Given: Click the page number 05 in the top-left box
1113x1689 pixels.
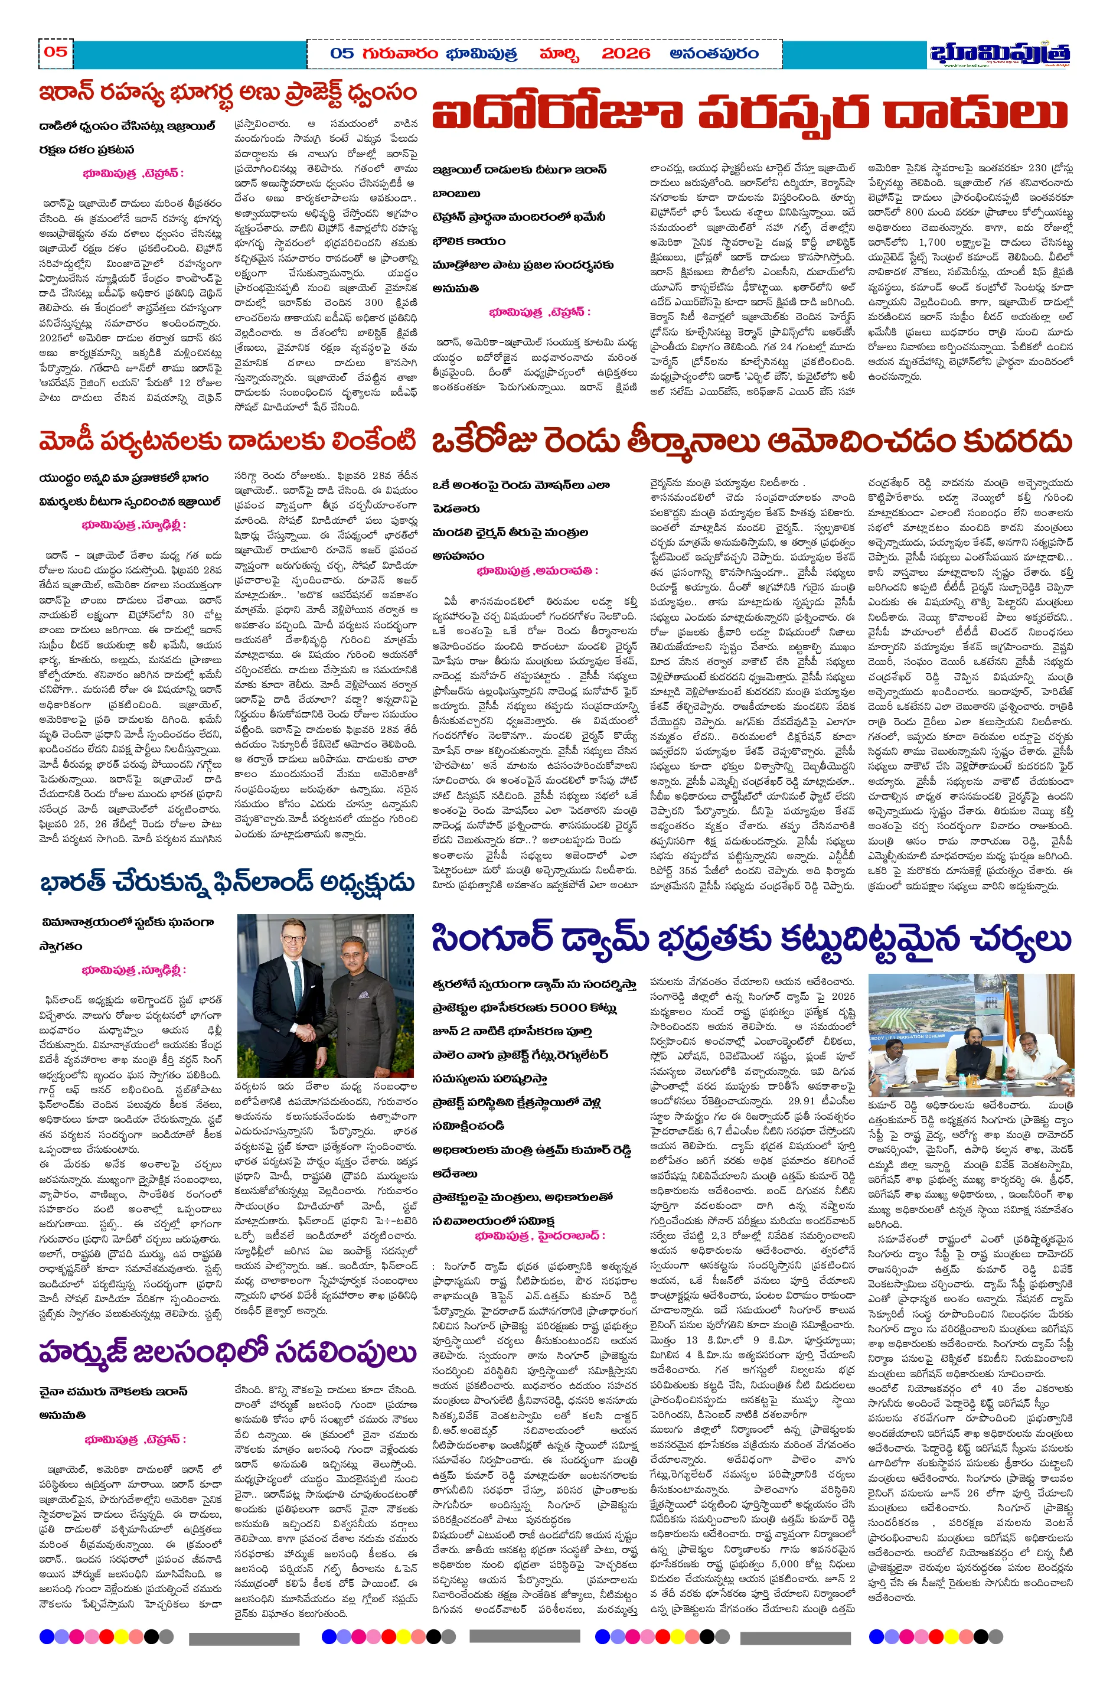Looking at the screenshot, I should (56, 51).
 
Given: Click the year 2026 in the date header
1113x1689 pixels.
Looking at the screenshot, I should (625, 54).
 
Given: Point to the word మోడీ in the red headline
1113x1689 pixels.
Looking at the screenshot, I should (66, 442).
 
